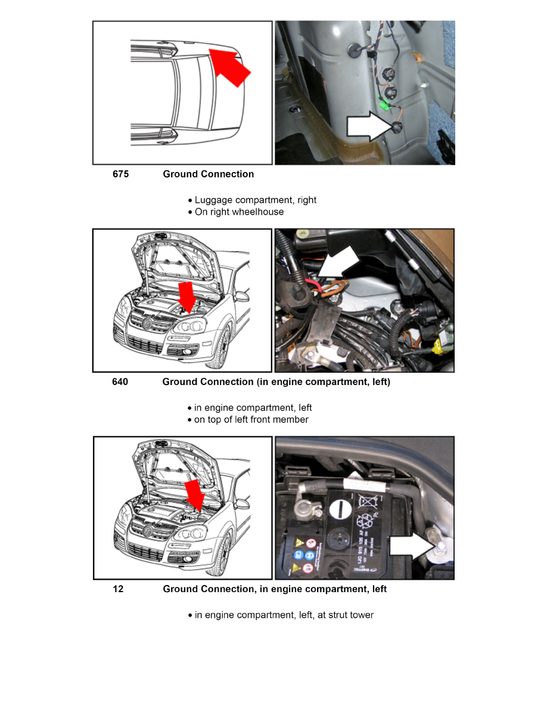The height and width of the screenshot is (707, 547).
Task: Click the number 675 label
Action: click(x=120, y=174)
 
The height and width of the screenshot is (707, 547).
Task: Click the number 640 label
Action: click(x=120, y=382)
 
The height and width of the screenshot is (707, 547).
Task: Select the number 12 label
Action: click(x=119, y=589)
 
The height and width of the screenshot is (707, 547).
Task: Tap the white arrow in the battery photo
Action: click(x=411, y=546)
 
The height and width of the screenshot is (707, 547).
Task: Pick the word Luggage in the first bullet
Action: click(x=213, y=200)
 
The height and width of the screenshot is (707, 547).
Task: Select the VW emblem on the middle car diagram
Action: click(x=147, y=323)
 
